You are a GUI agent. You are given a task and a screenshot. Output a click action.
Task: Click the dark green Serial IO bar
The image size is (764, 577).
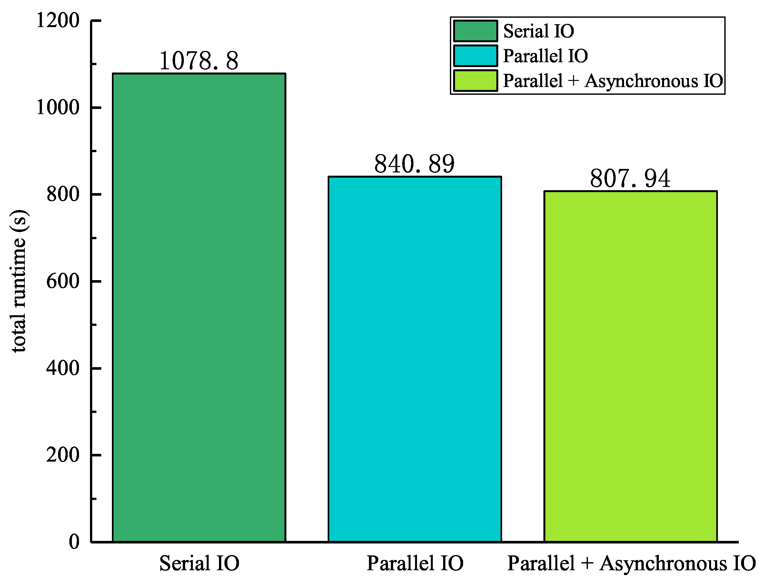coord(199,307)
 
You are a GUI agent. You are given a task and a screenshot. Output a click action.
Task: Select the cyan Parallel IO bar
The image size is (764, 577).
coord(414,359)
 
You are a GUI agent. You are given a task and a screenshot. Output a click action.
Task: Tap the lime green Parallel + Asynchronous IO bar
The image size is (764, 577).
coord(630,366)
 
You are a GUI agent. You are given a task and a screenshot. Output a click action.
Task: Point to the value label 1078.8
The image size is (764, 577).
coord(199,61)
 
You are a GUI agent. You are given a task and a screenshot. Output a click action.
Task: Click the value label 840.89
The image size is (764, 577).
coord(414,164)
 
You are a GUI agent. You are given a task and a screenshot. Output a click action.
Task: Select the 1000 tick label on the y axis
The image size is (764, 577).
coord(58,107)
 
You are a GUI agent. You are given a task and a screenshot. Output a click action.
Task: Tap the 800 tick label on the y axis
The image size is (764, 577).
coord(63,194)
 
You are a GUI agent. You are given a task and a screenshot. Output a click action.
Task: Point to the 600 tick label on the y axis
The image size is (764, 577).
coord(63,281)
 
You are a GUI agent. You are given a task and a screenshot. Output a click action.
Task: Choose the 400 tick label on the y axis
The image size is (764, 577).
coord(63,368)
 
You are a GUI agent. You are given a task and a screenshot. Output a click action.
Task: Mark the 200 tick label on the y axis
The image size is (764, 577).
coord(63,455)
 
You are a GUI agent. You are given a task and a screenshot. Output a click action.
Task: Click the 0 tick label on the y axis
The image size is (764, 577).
coord(74,542)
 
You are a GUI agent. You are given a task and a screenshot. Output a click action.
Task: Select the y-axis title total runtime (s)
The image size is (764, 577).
coord(19,281)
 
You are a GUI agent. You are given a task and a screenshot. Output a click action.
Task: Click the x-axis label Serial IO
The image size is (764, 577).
coord(199,563)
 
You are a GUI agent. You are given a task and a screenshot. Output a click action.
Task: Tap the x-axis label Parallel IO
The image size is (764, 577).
coord(415,563)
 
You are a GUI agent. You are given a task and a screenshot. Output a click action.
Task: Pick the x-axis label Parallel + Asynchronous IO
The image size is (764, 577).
coord(631,563)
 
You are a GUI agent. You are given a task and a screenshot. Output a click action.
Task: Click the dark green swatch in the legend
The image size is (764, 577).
coord(476,31)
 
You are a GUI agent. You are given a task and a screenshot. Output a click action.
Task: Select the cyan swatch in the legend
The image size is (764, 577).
coord(476,55)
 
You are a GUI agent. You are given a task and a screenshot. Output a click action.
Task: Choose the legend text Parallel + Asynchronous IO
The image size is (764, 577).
coord(613,81)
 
